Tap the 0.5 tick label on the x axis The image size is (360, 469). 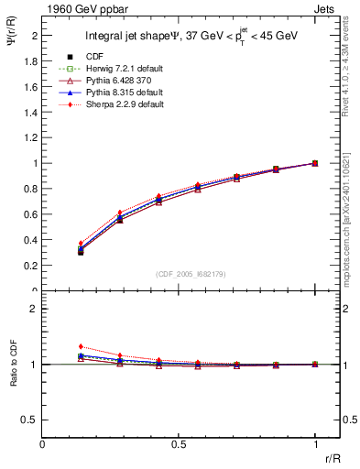click(x=179, y=443)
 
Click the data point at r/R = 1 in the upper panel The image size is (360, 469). click(x=315, y=163)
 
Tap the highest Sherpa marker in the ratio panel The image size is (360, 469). click(x=81, y=346)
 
